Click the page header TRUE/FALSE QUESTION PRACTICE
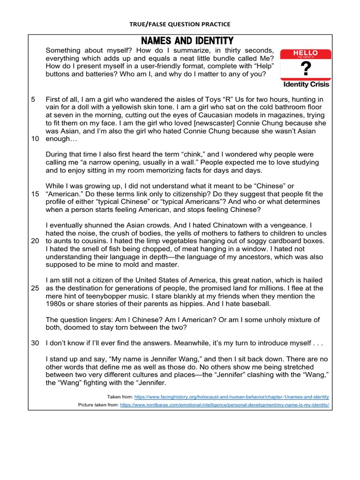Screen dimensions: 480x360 [180, 24]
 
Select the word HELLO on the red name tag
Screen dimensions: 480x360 [305, 53]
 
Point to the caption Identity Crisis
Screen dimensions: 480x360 [306, 85]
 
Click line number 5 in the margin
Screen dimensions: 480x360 [33, 99]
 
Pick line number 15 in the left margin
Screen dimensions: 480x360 [35, 194]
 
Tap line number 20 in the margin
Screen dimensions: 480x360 [35, 241]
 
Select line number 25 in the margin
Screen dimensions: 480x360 [35, 288]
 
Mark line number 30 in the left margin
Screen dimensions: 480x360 [35, 343]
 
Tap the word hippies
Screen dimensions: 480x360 [209, 304]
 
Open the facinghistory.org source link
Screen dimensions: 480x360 [232, 397]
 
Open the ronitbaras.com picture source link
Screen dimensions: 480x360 [225, 405]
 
